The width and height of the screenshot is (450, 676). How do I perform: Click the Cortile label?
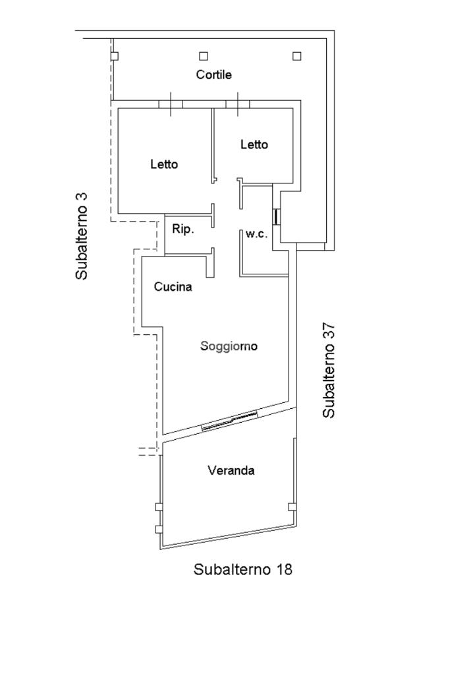213,75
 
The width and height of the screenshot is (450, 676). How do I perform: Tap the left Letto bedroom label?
163,164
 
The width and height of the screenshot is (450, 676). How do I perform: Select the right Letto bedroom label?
254,144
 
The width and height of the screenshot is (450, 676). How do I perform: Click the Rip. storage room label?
183,230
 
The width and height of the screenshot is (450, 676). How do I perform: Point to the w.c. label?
256,234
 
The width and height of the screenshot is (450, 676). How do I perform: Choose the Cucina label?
173,287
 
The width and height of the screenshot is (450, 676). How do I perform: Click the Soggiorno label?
229,346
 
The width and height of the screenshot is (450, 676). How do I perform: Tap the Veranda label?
231,471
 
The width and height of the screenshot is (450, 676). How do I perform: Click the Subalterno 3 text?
82,235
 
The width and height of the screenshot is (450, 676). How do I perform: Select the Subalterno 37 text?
329,370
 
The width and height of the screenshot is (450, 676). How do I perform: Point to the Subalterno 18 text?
242,569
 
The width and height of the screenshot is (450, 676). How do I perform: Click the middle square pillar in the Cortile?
204,56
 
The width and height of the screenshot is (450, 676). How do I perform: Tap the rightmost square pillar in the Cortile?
296,56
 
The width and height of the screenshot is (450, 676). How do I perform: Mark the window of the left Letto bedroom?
171,104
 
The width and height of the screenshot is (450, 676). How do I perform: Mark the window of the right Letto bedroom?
237,104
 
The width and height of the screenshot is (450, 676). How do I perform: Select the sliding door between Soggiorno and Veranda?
229,421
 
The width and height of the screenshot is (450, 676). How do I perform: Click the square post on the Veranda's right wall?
292,507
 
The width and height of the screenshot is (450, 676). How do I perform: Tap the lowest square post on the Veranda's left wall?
158,529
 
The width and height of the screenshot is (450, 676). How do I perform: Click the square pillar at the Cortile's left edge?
114,56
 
